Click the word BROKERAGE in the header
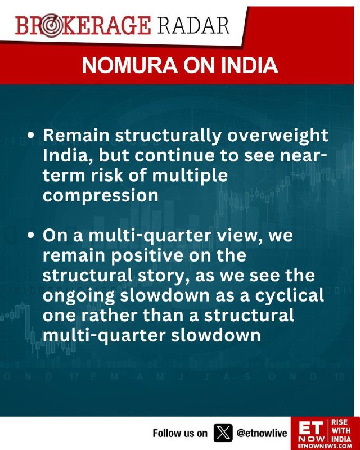click(x=83, y=26)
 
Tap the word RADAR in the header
click(x=193, y=25)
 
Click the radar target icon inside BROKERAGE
click(x=50, y=26)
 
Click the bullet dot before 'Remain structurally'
click(x=31, y=135)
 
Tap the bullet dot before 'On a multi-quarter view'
click(x=31, y=235)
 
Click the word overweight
click(x=278, y=136)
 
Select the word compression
click(x=101, y=195)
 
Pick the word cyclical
click(x=290, y=295)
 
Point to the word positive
click(x=147, y=255)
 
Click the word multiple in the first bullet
click(x=190, y=174)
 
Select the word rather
click(x=109, y=316)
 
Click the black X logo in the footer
click(x=223, y=433)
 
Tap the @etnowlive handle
click(x=262, y=433)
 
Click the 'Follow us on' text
click(x=179, y=433)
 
